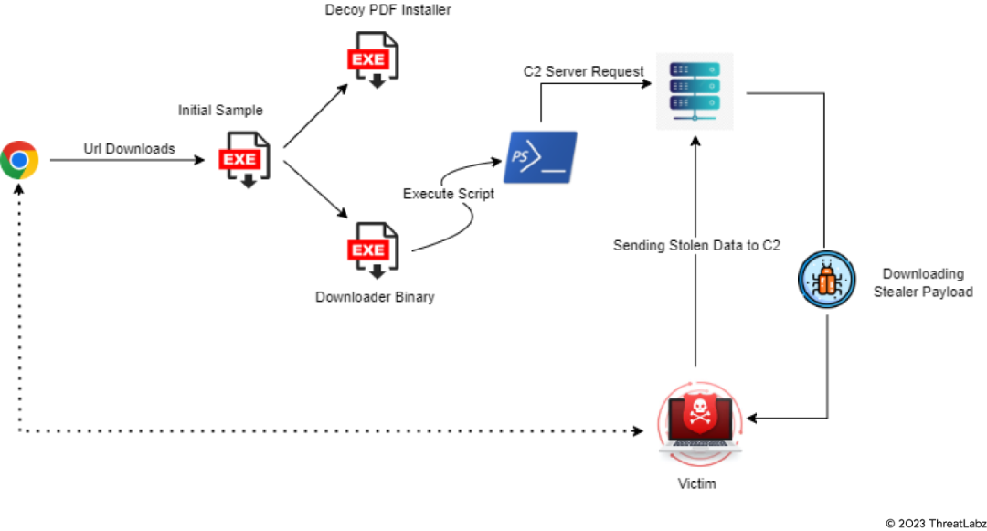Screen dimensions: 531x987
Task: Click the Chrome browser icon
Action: click(19, 160)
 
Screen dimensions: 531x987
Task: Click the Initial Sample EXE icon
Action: click(244, 160)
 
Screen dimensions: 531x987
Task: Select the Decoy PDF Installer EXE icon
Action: click(373, 60)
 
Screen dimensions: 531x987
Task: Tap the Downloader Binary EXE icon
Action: click(373, 250)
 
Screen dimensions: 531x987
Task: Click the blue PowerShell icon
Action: click(541, 156)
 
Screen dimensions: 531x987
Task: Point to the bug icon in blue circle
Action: click(826, 281)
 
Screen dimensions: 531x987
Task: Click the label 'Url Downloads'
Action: click(129, 148)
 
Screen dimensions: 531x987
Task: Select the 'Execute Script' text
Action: click(449, 194)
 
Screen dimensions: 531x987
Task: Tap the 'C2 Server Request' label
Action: click(583, 71)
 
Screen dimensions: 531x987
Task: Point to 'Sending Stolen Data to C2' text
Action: click(696, 245)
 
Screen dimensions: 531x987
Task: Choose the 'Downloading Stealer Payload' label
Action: click(923, 282)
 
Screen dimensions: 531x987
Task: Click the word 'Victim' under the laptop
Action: click(696, 483)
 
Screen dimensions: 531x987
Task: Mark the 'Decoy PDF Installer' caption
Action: click(387, 10)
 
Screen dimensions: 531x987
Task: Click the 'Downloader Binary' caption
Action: click(375, 297)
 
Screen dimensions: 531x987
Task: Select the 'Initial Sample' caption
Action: click(220, 111)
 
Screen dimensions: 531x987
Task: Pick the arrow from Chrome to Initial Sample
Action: click(128, 161)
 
